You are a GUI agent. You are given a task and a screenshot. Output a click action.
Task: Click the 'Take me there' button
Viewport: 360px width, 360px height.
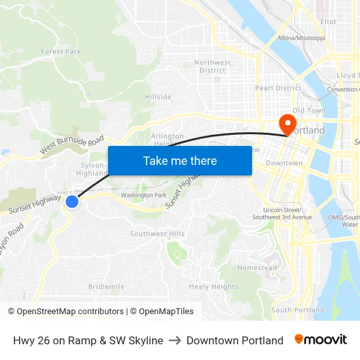(180, 160)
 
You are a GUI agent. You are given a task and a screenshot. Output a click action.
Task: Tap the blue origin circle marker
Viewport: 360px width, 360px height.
(72, 202)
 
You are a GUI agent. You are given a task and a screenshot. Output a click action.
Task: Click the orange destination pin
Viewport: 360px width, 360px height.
(287, 123)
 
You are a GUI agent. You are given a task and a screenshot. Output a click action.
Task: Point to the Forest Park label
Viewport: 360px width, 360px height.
(61, 51)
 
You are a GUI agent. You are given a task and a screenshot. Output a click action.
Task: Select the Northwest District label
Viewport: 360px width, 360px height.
(213, 66)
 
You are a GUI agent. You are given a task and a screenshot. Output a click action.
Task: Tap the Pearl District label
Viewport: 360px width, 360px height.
(278, 88)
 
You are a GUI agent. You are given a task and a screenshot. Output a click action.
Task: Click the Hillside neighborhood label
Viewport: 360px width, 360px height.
(158, 97)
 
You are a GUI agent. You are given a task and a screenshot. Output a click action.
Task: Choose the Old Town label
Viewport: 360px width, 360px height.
(309, 111)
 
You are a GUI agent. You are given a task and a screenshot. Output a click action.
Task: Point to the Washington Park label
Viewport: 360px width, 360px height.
(143, 195)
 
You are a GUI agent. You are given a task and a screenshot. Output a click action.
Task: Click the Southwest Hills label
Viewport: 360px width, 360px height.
(157, 234)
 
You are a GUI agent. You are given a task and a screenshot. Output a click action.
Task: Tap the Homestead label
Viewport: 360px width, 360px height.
(257, 268)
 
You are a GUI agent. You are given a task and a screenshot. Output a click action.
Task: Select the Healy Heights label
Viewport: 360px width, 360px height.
(213, 287)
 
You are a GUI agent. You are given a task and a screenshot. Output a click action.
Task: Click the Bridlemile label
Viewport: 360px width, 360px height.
(106, 287)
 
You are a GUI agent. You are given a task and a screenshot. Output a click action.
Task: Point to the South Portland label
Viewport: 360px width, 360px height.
(298, 310)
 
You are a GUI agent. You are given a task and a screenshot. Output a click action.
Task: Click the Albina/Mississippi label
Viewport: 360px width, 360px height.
(302, 39)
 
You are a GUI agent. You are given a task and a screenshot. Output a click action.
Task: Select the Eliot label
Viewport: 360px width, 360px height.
(329, 22)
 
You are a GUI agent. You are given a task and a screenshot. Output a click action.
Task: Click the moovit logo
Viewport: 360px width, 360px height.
(321, 340)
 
